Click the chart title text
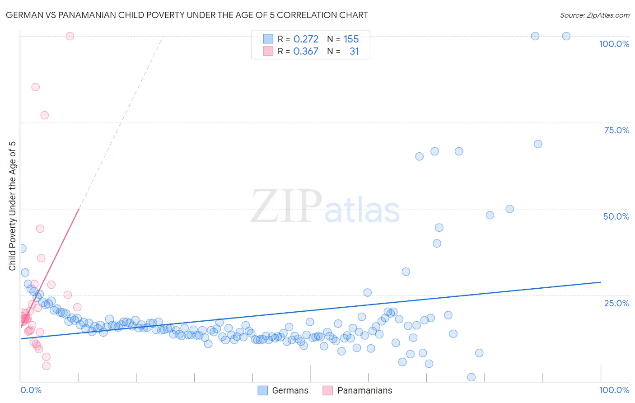(x=187, y=15)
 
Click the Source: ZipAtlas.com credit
(x=594, y=15)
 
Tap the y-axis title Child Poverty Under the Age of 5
(x=13, y=206)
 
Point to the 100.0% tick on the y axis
(x=614, y=44)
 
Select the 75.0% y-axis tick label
(x=616, y=130)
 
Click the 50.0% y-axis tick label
(x=616, y=216)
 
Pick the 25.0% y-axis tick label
(x=616, y=303)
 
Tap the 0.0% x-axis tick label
(x=31, y=390)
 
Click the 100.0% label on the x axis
(x=614, y=390)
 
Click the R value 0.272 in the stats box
(x=306, y=39)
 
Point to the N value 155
(x=351, y=39)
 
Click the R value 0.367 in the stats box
(x=306, y=52)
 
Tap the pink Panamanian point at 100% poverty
(x=70, y=36)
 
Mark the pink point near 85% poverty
(x=35, y=87)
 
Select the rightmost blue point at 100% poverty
(x=566, y=36)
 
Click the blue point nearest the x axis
(x=471, y=377)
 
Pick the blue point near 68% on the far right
(x=538, y=144)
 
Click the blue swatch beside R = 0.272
(x=268, y=39)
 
